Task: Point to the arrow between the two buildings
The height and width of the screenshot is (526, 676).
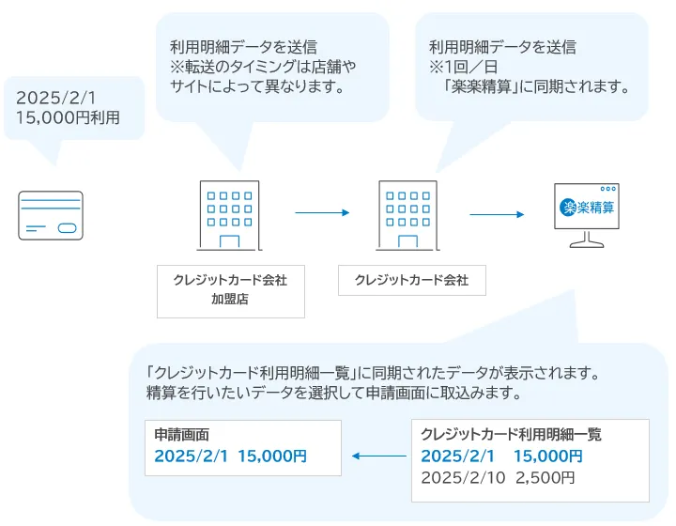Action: [322, 213]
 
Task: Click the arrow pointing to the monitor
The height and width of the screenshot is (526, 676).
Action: [497, 214]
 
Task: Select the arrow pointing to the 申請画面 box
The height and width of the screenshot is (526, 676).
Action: [379, 457]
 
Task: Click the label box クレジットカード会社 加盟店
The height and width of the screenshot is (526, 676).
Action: [230, 290]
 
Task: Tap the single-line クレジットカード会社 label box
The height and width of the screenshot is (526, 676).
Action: [411, 280]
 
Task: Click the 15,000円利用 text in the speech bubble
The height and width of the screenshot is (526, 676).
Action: [69, 117]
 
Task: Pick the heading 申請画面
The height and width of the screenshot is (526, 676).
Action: [182, 435]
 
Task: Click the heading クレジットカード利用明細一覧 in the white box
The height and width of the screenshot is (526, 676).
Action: [512, 435]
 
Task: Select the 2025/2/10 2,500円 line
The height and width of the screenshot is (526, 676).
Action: [498, 477]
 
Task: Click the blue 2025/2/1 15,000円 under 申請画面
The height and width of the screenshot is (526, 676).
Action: [231, 456]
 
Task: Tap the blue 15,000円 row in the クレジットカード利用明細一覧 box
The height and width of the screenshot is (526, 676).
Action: [501, 456]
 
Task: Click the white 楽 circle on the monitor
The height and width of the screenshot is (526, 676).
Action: [568, 208]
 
